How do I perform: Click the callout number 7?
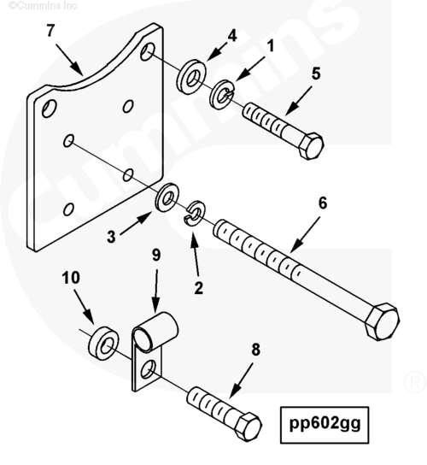(x=50, y=31)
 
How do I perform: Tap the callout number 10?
(x=71, y=278)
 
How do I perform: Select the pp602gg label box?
(x=325, y=425)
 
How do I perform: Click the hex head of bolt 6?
(x=382, y=321)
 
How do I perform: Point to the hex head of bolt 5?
(x=310, y=146)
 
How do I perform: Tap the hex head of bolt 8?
(x=248, y=426)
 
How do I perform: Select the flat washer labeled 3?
(x=167, y=197)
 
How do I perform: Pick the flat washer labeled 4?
(x=191, y=77)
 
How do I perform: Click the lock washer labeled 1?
(x=222, y=94)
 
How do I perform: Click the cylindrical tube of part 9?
(x=155, y=331)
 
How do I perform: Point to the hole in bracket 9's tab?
(x=148, y=368)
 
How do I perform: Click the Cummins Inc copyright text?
(x=43, y=5)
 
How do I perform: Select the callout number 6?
(x=323, y=203)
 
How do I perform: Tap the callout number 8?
(x=255, y=350)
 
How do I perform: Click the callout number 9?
(x=156, y=255)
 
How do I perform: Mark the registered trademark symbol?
(x=414, y=382)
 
